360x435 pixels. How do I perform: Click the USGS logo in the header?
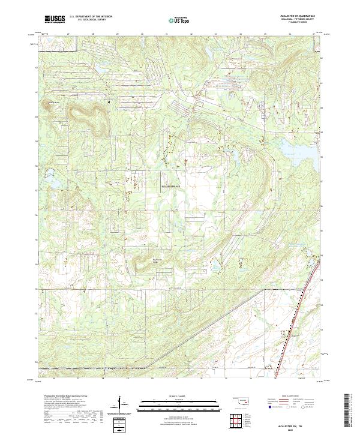click(55, 19)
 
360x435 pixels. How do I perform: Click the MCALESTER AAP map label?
click(171, 187)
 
